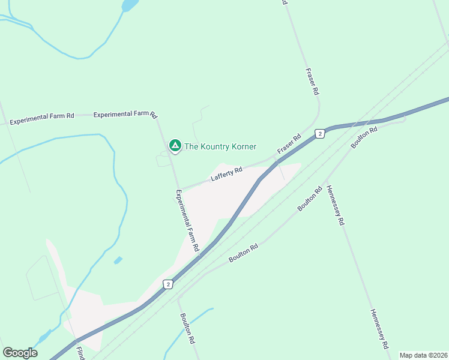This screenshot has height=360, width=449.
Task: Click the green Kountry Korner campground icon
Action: [x=175, y=146]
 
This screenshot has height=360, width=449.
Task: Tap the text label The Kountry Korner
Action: [x=220, y=146]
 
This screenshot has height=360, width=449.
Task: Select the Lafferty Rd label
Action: [x=226, y=174]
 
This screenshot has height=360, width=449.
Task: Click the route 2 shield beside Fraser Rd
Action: [x=321, y=134]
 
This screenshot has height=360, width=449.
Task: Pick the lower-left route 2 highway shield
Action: [x=169, y=284]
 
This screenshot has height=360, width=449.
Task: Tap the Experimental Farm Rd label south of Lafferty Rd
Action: [x=187, y=220]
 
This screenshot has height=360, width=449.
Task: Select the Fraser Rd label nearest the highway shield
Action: [x=288, y=144]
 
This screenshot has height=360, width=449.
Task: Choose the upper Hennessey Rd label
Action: [x=336, y=205]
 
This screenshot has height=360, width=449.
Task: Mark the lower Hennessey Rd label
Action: [x=380, y=329]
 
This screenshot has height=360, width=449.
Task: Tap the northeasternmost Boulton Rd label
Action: [x=364, y=137]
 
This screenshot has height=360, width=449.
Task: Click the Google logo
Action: [x=20, y=353]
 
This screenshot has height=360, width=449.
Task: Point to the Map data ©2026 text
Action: [x=423, y=355]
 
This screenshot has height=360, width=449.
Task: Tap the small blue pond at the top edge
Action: [x=130, y=5]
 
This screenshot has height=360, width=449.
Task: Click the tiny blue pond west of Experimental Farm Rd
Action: [x=118, y=260]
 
